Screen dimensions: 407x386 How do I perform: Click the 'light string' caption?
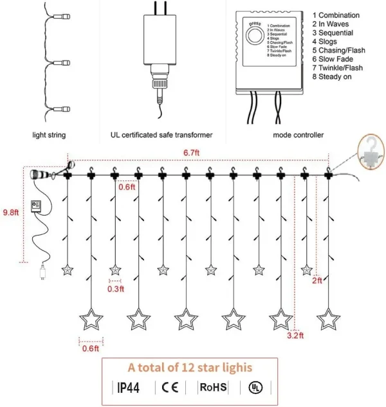[x=49, y=135]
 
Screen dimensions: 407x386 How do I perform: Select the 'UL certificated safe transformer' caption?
[x=158, y=135]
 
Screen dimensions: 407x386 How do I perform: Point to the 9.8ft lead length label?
[x=10, y=212]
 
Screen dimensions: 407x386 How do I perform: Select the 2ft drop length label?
[x=317, y=281]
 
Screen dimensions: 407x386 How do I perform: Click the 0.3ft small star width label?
[x=115, y=289]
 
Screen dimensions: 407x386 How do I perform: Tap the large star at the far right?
[x=328, y=319]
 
